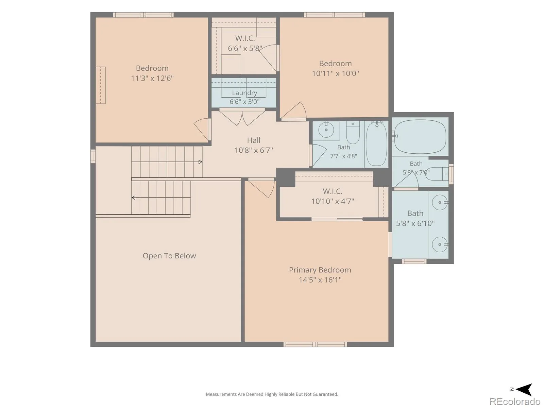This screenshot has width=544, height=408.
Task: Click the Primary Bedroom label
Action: click(x=320, y=270)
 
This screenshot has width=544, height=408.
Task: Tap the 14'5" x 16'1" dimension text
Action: click(x=320, y=280)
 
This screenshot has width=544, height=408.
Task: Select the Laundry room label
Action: click(x=244, y=93)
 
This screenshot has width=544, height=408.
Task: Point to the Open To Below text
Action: click(x=169, y=256)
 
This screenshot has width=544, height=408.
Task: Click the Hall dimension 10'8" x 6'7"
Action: click(x=254, y=150)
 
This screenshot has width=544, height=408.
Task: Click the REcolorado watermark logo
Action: click(x=515, y=401)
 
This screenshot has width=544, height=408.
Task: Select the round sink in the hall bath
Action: click(x=326, y=130)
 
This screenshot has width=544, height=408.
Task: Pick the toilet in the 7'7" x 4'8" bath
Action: click(x=353, y=133)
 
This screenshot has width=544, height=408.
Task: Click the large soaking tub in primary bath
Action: click(x=420, y=136)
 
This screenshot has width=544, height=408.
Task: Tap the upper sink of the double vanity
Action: click(x=440, y=202)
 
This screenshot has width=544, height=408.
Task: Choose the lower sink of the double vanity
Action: click(x=440, y=244)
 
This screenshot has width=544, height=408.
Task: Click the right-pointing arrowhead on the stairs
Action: click(x=200, y=162)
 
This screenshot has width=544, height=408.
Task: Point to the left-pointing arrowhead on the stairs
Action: click(x=133, y=198)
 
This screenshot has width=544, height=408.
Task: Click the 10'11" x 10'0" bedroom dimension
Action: click(x=335, y=73)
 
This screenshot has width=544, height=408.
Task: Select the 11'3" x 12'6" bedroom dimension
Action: click(x=152, y=78)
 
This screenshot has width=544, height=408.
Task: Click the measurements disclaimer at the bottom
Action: click(x=272, y=394)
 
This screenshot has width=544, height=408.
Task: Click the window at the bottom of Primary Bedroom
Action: click(x=315, y=344)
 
